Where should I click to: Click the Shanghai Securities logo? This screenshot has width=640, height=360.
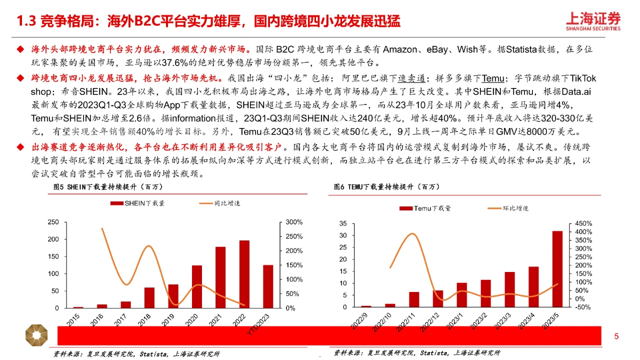tap(593, 21)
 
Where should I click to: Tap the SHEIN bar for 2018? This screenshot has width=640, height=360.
tap(149, 297)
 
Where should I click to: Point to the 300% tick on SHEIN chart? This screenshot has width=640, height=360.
tap(294, 222)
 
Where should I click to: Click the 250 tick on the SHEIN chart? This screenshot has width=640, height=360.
tap(52, 222)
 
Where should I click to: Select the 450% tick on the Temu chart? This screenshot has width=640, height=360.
tap(582, 223)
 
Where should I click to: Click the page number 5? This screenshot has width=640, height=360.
tap(616, 336)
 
